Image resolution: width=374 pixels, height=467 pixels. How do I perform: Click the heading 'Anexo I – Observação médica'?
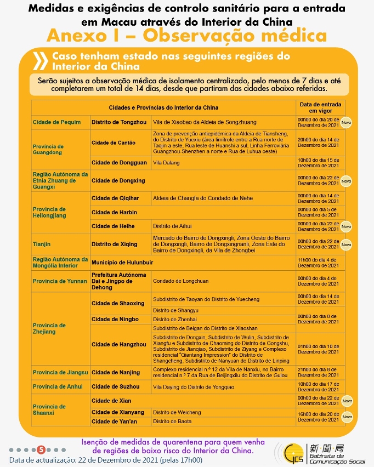pos(186,36)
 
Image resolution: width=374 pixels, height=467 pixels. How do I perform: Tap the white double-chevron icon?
pos(40,60)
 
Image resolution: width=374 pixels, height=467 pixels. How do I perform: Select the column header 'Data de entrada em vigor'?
pos(320,107)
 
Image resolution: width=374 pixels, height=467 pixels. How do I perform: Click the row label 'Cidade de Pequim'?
pos(56,122)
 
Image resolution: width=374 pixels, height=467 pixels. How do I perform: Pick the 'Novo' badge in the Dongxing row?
pos(346,180)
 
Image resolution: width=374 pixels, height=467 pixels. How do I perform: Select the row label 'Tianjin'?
pos(42,244)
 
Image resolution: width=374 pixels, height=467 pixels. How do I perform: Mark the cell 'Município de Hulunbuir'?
pos(122,263)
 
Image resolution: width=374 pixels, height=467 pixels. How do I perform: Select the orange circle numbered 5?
pos(41,449)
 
